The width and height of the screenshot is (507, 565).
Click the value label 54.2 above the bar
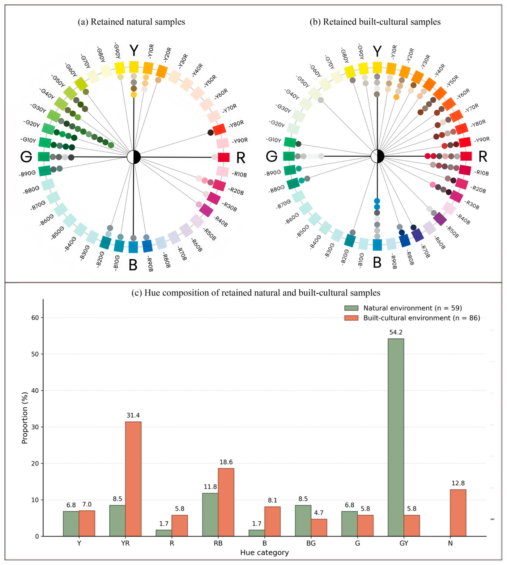click(x=396, y=332)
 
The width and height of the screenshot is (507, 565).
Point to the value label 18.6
click(x=226, y=462)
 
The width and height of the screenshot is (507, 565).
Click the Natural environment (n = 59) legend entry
click(x=403, y=308)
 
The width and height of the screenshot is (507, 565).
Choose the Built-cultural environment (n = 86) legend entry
click(x=412, y=318)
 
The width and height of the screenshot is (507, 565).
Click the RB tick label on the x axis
click(x=218, y=543)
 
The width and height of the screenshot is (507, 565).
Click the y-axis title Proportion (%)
click(x=25, y=418)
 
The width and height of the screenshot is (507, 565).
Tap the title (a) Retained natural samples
click(x=131, y=22)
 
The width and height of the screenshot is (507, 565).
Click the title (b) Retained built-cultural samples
click(x=375, y=22)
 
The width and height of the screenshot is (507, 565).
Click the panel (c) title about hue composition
click(x=256, y=293)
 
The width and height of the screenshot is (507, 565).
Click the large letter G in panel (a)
click(x=26, y=157)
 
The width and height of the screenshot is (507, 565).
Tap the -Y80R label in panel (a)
click(x=236, y=124)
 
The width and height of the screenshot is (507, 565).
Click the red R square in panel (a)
click(x=224, y=157)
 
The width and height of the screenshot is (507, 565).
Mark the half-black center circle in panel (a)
click(x=134, y=157)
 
